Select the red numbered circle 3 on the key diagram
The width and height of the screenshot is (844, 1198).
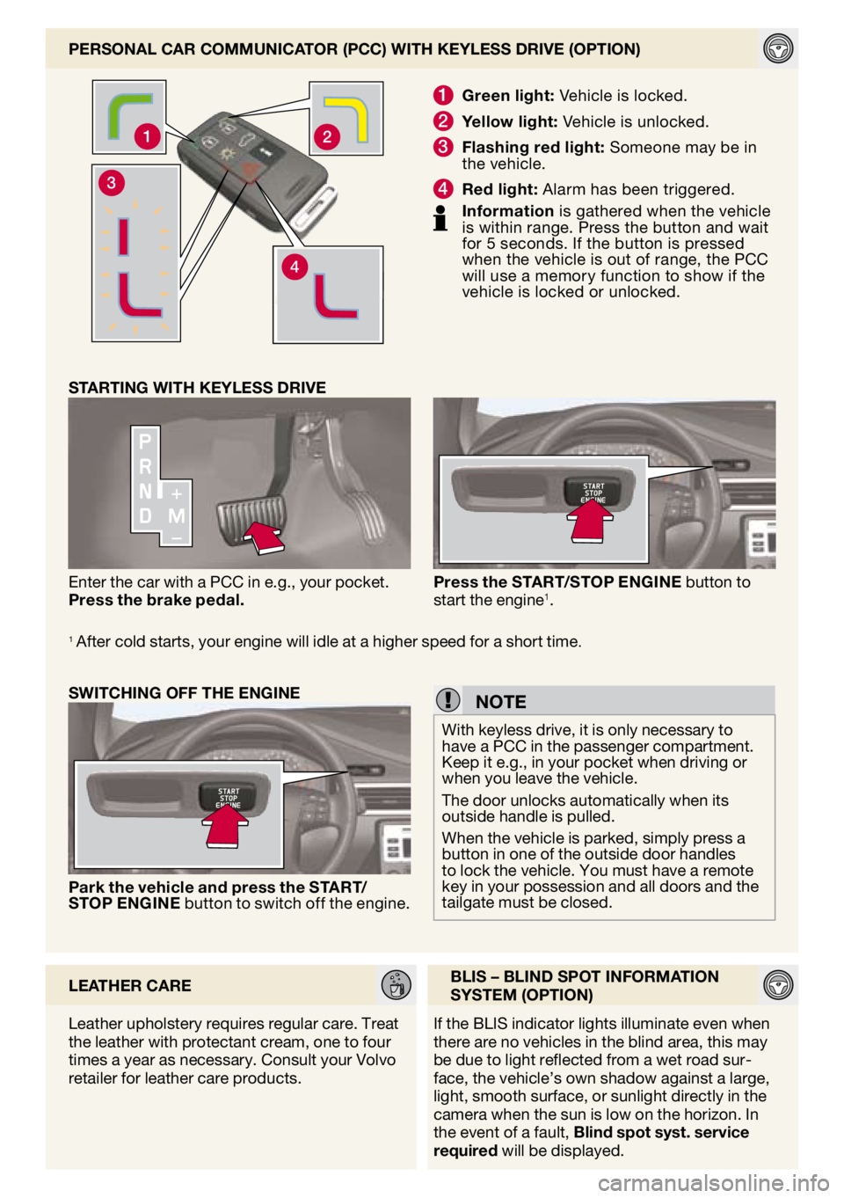click(111, 183)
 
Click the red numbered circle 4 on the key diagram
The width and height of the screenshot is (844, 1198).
click(295, 267)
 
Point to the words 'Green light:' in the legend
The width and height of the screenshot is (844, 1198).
click(508, 96)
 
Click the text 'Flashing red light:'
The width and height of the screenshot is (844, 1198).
click(533, 147)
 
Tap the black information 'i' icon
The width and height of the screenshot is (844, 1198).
click(440, 217)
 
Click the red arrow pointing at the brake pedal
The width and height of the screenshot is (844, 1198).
click(264, 537)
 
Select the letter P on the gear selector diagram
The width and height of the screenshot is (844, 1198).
click(145, 442)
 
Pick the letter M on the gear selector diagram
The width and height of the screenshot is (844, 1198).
click(177, 516)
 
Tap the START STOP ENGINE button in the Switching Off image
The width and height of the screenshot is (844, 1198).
click(228, 797)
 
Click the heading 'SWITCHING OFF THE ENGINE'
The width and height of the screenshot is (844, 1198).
click(184, 693)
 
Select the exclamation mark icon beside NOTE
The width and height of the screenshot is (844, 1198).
click(447, 700)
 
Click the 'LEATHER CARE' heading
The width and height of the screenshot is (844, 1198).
click(130, 986)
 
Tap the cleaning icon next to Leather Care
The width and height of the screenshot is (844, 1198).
click(397, 985)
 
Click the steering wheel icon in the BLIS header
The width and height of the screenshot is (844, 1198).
click(778, 985)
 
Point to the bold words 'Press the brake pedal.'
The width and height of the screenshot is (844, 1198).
click(156, 601)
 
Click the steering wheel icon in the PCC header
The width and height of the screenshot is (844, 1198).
click(778, 48)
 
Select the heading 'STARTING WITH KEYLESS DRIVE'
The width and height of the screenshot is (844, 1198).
click(197, 388)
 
